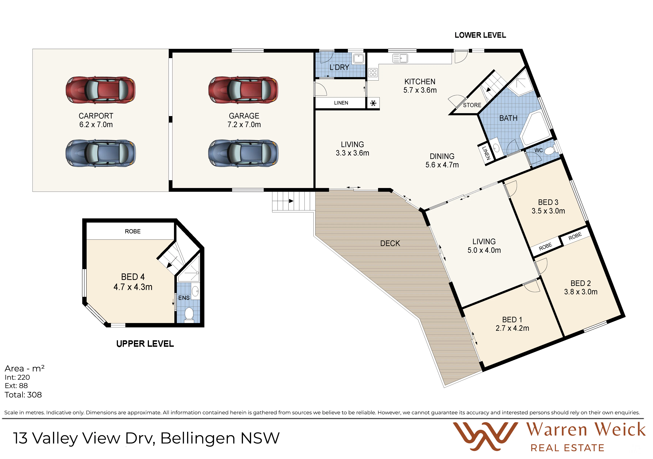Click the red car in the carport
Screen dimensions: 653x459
click(101, 90)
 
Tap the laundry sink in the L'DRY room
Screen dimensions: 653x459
click(358, 58)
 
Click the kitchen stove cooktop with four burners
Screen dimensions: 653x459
click(373, 73)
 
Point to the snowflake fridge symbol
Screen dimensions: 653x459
click(373, 103)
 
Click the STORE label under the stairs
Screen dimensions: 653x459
click(472, 105)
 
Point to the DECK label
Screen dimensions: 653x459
click(390, 243)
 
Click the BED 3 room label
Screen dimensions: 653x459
click(548, 202)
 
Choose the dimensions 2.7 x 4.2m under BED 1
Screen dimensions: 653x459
click(512, 328)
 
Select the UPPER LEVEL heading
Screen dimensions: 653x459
click(145, 344)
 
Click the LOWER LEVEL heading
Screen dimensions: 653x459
click(480, 35)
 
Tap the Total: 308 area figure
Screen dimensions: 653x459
click(23, 395)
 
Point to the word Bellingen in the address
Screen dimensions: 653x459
click(198, 438)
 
